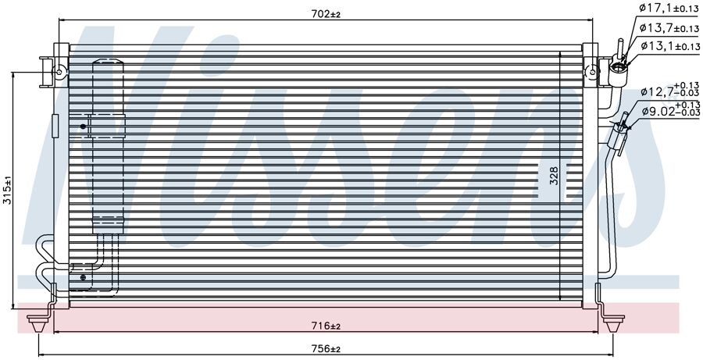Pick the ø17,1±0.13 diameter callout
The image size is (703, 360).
[x=669, y=9]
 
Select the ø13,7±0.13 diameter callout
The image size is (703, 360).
[x=669, y=28]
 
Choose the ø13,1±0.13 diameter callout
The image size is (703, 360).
[x=669, y=46]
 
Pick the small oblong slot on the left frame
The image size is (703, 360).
[x=55, y=125]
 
